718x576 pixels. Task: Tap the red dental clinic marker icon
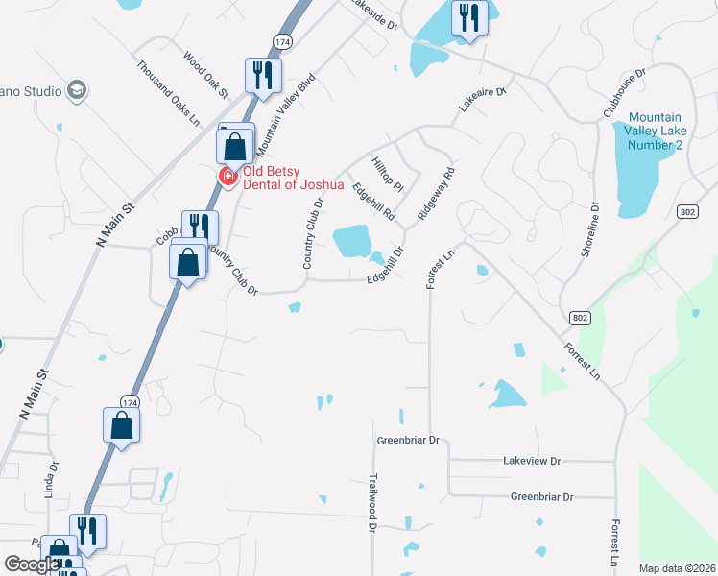228,177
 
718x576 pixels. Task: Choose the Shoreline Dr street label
588,230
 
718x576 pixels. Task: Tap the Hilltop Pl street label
388,173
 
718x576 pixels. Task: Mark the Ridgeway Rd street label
435,195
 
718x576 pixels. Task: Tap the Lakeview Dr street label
531,461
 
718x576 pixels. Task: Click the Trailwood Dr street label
371,502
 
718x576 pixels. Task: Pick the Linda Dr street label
50,480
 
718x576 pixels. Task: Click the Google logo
32,564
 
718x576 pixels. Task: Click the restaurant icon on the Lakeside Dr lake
469,17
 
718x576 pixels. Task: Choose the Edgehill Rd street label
373,203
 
